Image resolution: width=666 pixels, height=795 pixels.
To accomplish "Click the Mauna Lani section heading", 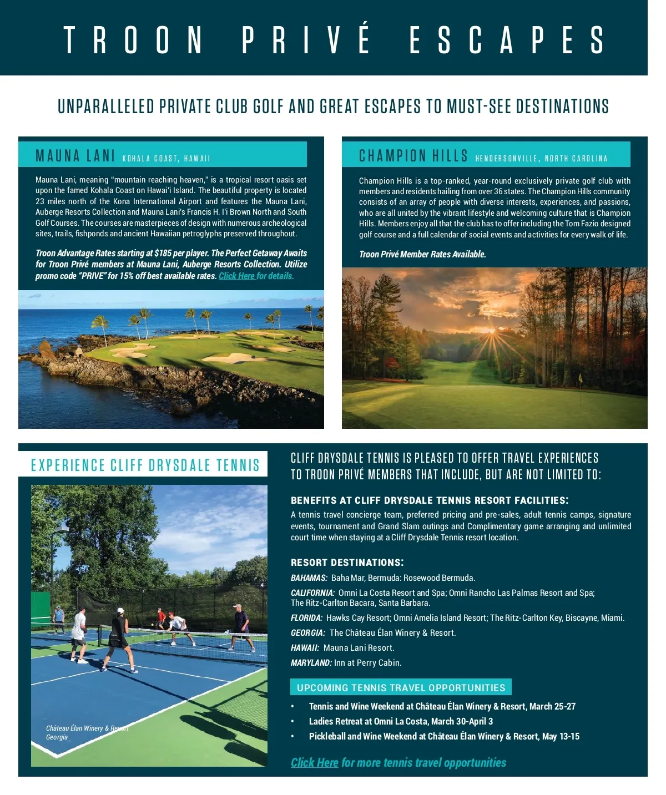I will coord(75,156).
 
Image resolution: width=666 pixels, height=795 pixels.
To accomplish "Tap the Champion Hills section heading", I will coord(413,156).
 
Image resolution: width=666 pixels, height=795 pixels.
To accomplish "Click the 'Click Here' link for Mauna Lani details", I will coord(236,276).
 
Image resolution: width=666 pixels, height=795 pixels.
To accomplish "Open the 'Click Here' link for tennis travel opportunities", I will coord(314,763).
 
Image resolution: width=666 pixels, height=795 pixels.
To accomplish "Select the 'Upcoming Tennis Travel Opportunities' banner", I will coord(401,688).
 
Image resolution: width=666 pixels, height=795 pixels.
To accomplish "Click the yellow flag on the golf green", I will coord(580,378).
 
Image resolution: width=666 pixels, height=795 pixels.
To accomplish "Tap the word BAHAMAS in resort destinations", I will coord(309,578).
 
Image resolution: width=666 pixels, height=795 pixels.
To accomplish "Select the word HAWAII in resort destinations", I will coord(305,648).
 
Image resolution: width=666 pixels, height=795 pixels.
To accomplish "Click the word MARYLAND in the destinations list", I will coord(311,663).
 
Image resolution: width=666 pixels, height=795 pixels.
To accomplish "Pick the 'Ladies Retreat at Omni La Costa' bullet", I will coord(401,721).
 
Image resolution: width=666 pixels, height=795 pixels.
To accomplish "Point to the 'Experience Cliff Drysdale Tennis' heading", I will coord(145,465).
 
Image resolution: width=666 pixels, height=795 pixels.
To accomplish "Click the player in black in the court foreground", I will coord(119,638).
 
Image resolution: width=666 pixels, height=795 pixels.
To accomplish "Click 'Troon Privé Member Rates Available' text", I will coord(422,254).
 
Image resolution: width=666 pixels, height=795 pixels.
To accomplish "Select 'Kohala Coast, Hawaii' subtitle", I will coord(166,159).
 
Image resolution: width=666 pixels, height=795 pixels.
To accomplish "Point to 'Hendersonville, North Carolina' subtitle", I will coord(541,159).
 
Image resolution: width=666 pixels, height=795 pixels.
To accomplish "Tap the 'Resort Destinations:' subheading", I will coord(347,563).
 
